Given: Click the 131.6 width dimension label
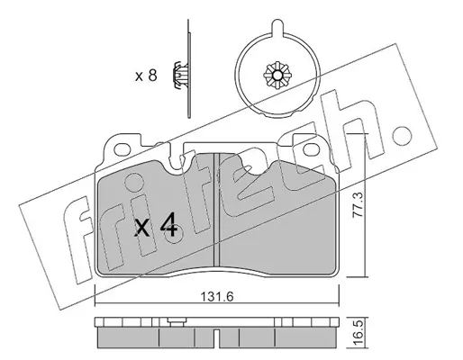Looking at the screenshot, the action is coord(217,297).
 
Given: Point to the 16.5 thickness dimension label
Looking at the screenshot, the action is coord(359,333).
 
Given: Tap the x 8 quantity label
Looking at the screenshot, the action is coord(146,76).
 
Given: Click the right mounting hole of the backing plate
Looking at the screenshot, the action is coord(312,149).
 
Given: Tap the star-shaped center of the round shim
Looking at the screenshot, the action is coord(277,76).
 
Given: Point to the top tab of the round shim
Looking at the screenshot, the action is coord(277,28).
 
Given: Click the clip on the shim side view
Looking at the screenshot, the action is coord(179,76).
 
